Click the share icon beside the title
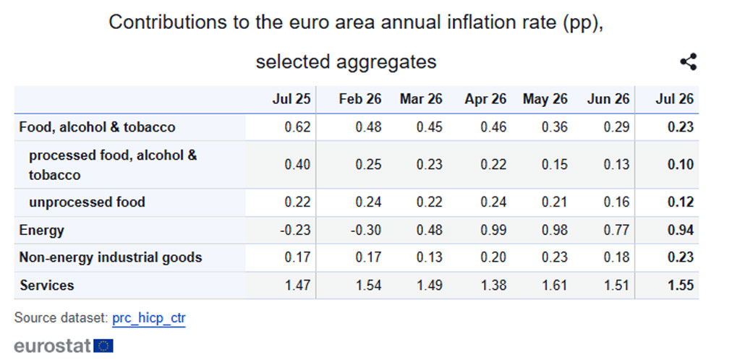click(x=688, y=61)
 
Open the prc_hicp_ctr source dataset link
click(x=149, y=318)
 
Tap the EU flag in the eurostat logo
click(x=103, y=346)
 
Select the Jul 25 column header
click(x=291, y=99)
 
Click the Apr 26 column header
click(x=485, y=99)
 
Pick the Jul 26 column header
click(x=675, y=99)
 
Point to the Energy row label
click(x=41, y=231)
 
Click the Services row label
click(x=47, y=286)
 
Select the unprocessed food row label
click(x=88, y=202)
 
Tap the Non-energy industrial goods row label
click(x=111, y=257)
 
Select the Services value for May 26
click(x=555, y=286)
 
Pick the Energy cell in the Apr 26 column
click(x=493, y=230)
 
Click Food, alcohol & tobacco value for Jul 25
click(x=297, y=127)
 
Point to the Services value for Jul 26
click(x=681, y=286)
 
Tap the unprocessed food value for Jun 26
click(x=617, y=202)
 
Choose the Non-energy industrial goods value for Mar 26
click(x=430, y=257)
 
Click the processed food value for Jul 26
click(x=681, y=165)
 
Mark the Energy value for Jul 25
click(x=296, y=230)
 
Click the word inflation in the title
click(x=473, y=22)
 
